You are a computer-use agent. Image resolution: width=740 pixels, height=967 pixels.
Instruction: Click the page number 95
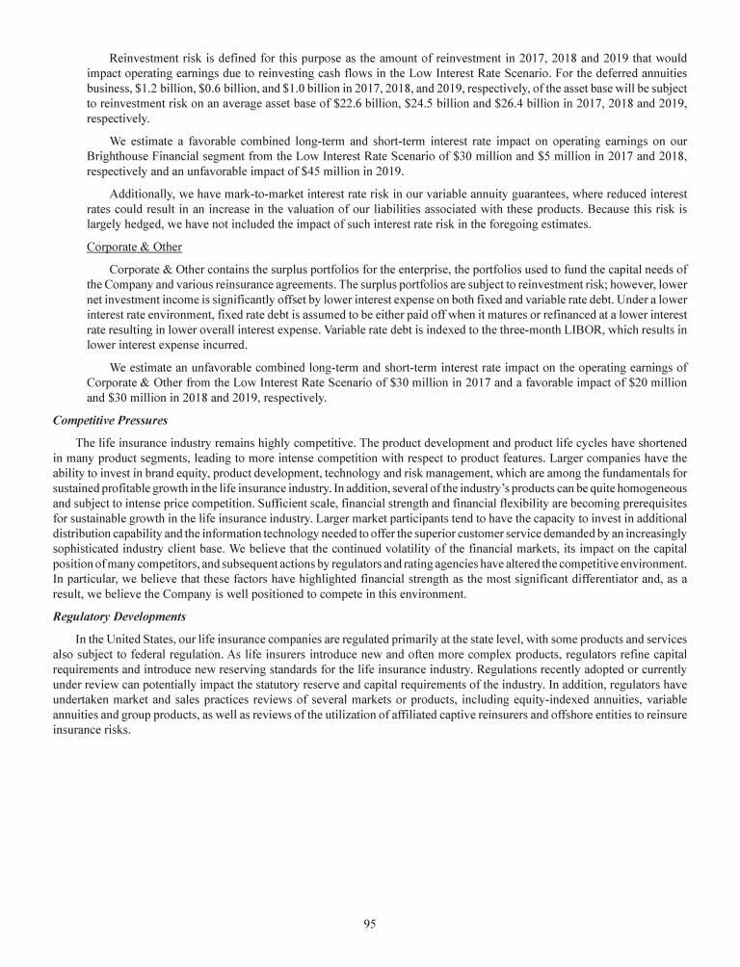(369, 925)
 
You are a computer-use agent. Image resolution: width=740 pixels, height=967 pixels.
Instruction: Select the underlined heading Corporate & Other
(134, 248)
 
